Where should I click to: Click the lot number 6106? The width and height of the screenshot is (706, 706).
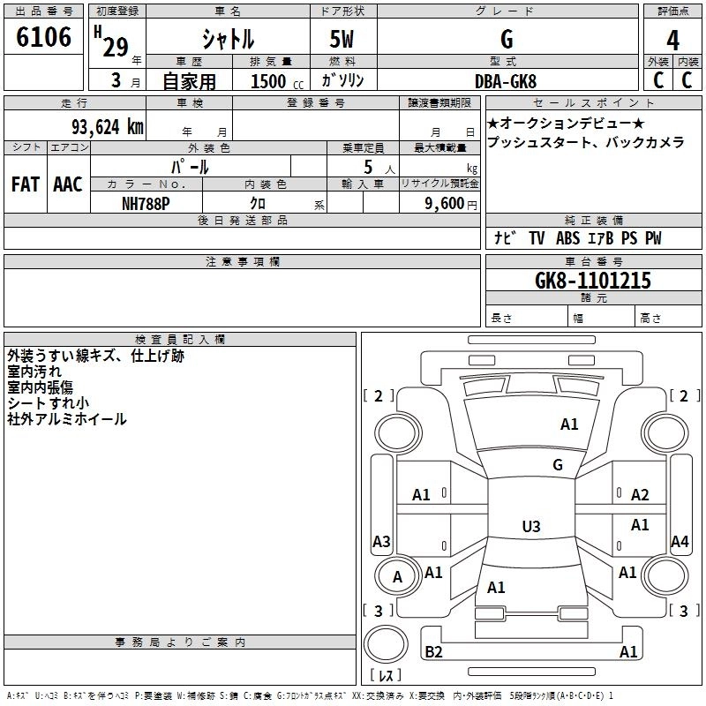click(43, 37)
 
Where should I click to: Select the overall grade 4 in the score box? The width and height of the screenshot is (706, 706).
click(672, 41)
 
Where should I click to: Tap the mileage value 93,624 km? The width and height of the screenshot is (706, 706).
click(107, 127)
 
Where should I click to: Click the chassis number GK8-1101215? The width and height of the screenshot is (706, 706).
click(593, 281)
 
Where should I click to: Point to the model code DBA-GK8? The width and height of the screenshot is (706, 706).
click(506, 81)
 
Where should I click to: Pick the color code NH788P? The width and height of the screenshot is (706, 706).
click(146, 204)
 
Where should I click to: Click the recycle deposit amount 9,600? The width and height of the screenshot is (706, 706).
click(445, 204)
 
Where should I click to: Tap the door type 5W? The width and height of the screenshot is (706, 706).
click(342, 39)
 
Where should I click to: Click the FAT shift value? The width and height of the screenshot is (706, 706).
click(26, 184)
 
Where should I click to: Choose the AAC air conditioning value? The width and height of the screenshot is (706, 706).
click(68, 184)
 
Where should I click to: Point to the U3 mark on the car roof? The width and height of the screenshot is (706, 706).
click(531, 526)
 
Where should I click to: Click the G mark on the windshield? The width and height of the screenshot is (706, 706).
click(558, 465)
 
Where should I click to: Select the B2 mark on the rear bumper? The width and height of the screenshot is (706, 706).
click(433, 651)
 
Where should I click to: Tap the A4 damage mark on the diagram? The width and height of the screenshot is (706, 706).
click(680, 541)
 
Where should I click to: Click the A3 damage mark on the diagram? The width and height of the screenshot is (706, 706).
click(381, 541)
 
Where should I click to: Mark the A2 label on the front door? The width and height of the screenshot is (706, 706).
click(640, 495)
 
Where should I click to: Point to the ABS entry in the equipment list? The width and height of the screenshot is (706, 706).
click(567, 238)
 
